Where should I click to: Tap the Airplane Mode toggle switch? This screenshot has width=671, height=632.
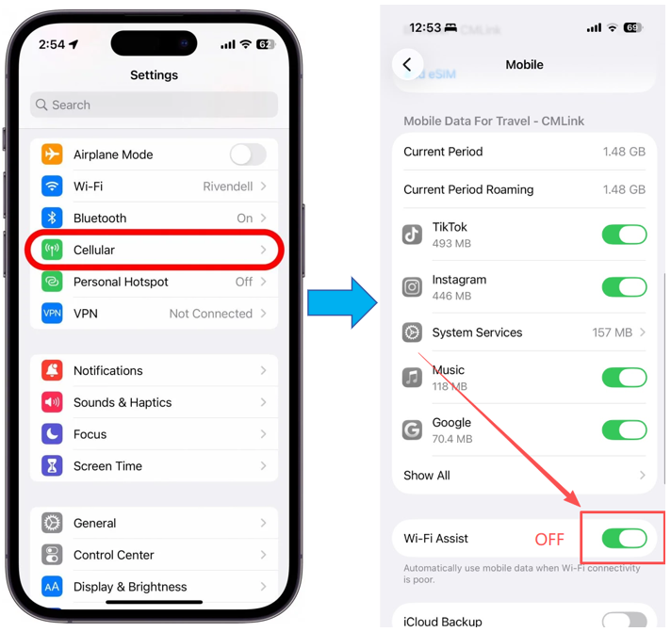click(x=248, y=154)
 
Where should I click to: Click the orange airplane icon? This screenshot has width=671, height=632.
click(x=52, y=154)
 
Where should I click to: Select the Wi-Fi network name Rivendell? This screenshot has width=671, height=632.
click(x=228, y=186)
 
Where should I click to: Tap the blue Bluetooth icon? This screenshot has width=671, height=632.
click(x=52, y=218)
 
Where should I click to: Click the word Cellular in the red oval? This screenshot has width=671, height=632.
click(x=94, y=250)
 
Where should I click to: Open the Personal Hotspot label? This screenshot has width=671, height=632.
click(x=121, y=282)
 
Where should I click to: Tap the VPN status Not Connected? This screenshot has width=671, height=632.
click(x=210, y=314)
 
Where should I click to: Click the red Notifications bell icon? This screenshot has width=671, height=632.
click(x=52, y=370)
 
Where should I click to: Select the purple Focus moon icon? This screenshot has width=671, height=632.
click(x=52, y=434)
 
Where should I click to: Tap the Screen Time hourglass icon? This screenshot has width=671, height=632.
click(x=52, y=465)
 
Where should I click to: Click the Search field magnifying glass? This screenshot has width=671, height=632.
click(x=41, y=105)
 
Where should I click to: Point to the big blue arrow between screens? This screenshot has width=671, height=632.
click(x=342, y=302)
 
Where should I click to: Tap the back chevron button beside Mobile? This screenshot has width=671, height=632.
click(x=407, y=65)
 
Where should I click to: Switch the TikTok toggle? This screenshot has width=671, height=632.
click(x=625, y=235)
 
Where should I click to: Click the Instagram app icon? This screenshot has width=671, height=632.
click(x=412, y=287)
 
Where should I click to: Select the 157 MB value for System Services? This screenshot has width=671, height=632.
click(x=612, y=332)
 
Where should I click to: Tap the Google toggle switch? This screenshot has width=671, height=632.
click(x=625, y=430)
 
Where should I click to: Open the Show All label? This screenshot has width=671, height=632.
click(x=427, y=476)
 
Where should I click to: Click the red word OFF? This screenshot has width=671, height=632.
click(x=549, y=539)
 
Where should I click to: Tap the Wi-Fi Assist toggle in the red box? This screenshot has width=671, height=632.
click(x=625, y=539)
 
